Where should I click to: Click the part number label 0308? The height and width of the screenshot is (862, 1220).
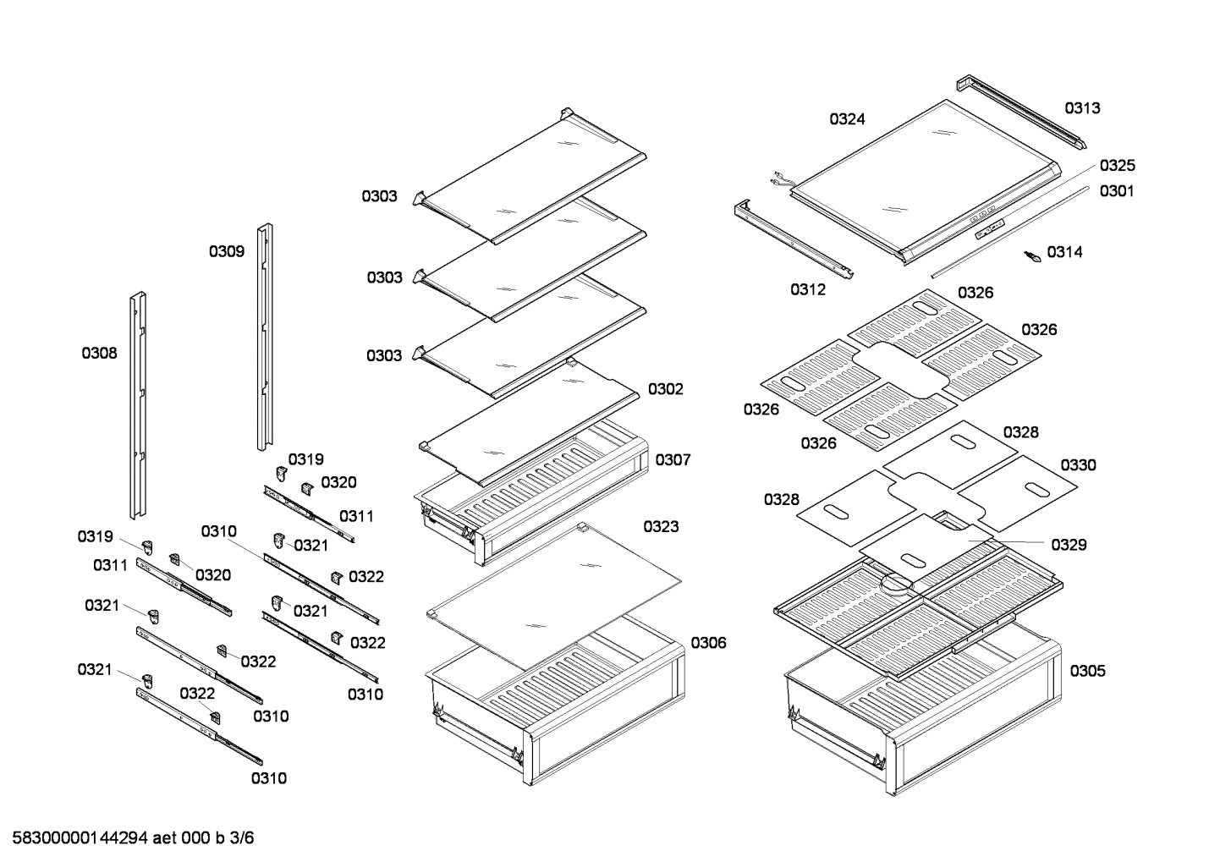coord(99,354)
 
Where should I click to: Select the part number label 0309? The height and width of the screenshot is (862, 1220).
coord(227,251)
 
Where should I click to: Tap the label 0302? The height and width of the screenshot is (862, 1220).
coord(665,389)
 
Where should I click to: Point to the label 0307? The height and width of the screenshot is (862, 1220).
coord(673,459)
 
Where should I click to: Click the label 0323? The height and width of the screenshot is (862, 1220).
coord(661,527)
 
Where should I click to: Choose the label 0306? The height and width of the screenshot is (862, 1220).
coord(708,643)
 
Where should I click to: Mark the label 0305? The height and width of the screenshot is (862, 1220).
coord(1087,671)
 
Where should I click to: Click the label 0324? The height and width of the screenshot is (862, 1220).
coord(847,119)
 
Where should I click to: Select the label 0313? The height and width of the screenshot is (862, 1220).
coord(1082,108)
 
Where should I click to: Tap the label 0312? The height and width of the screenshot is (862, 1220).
coord(808,289)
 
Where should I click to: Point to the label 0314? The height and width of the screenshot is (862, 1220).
coord(1064,252)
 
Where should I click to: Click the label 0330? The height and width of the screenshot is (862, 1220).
coord(1078,465)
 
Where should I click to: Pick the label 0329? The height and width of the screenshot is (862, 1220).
coord(1069,545)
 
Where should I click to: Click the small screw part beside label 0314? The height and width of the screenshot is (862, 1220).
coord(1032,256)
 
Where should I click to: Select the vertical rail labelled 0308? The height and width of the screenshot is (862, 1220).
coord(138,406)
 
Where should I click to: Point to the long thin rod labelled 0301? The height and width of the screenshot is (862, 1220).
coord(1007,233)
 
